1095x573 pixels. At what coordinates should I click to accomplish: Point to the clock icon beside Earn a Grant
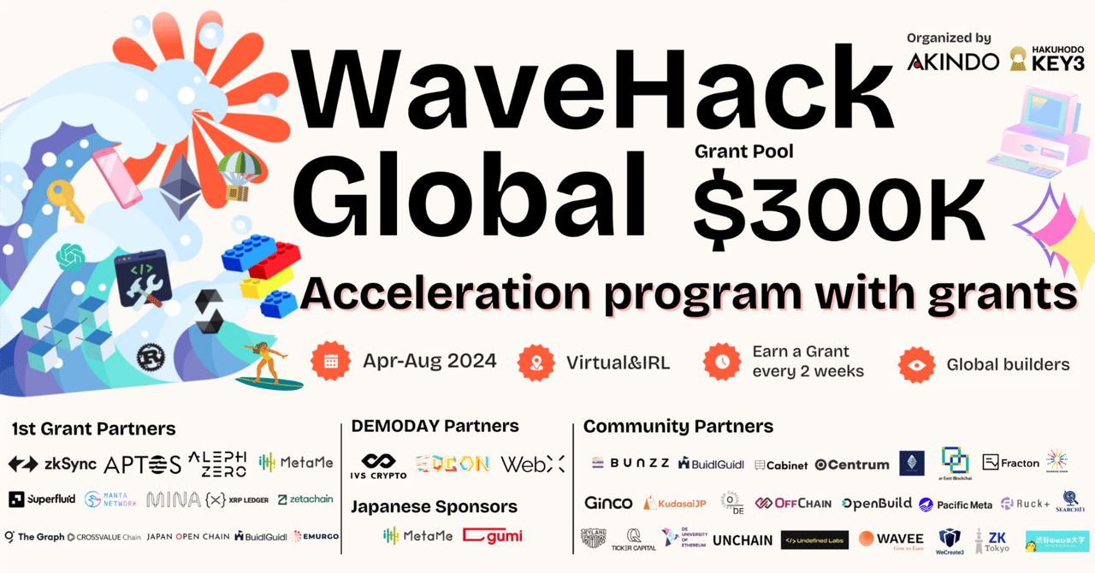721,362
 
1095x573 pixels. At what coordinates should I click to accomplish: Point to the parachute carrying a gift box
233,174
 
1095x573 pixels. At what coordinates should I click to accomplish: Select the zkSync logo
53,464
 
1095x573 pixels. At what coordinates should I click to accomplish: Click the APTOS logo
142,464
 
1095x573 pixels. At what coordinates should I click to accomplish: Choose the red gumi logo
493,536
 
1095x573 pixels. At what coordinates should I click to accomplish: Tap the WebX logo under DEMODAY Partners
532,464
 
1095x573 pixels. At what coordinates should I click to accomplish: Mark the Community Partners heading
678,426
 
